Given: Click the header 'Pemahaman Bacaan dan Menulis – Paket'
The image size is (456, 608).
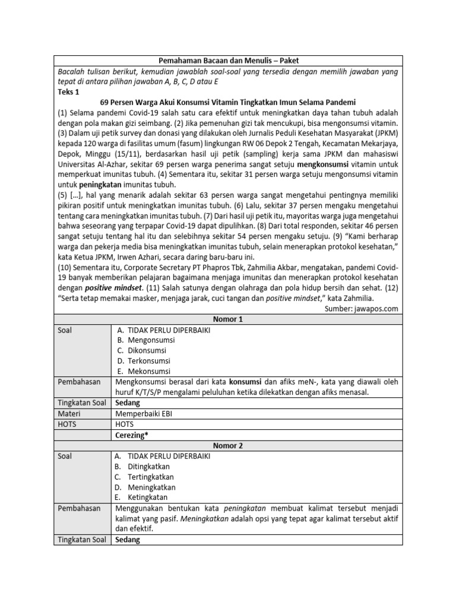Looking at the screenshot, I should point(228,61).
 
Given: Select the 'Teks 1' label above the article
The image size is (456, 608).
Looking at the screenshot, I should point(68,92).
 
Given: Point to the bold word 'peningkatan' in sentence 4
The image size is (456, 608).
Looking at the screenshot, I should point(102,184).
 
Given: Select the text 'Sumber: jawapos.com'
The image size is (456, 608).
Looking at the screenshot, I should point(362,309).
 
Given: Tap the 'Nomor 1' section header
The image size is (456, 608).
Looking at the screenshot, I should point(228,319).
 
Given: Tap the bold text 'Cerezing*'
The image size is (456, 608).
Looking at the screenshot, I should point(132,435).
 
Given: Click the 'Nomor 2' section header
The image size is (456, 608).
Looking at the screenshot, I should point(228,446).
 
